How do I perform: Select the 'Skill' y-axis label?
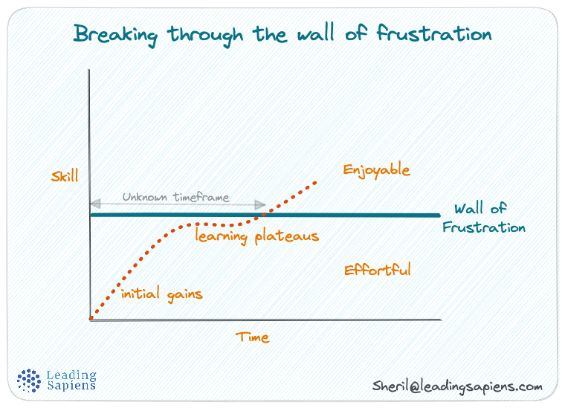(65, 177)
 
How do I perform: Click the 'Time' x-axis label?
(253, 337)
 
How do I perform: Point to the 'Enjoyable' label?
(376, 170)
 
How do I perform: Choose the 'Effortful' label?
(378, 270)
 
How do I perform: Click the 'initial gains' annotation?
(161, 294)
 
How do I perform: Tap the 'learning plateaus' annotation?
(257, 236)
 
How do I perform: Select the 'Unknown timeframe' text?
(175, 198)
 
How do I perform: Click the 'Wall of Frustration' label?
(483, 218)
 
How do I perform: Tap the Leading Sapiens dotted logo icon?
(29, 381)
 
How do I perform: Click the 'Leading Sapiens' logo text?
(71, 381)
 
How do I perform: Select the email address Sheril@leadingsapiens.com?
(457, 386)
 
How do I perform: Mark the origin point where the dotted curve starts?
(91, 318)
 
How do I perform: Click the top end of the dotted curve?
(317, 181)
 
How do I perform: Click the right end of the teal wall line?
(439, 216)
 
